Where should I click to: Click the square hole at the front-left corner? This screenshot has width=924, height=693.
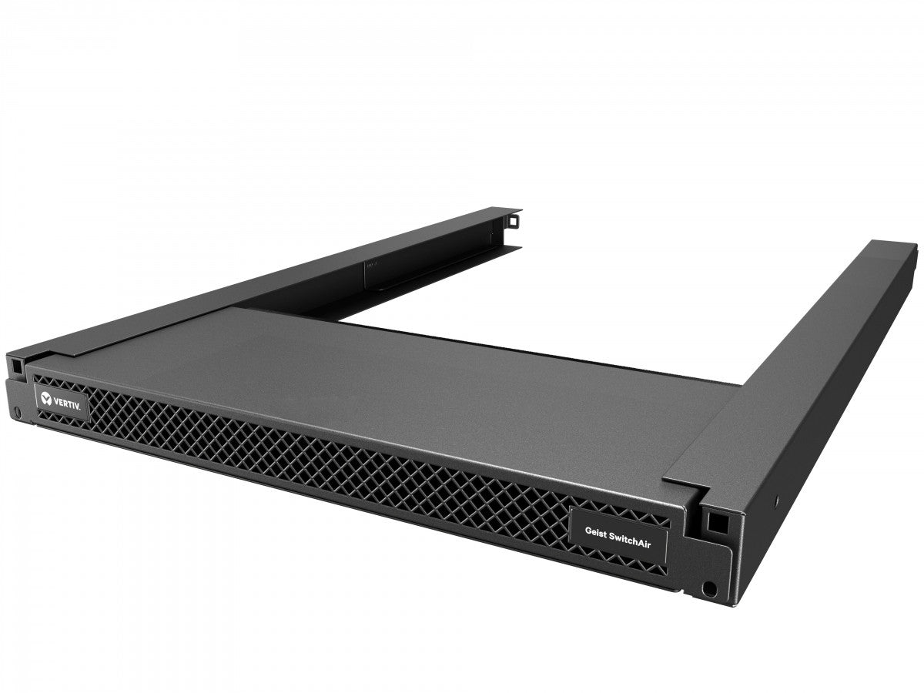click(14, 360)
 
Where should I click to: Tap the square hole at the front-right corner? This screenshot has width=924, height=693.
click(716, 523)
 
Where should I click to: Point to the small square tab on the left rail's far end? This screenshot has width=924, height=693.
click(512, 222)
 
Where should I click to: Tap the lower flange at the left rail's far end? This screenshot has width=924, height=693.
click(493, 250)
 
